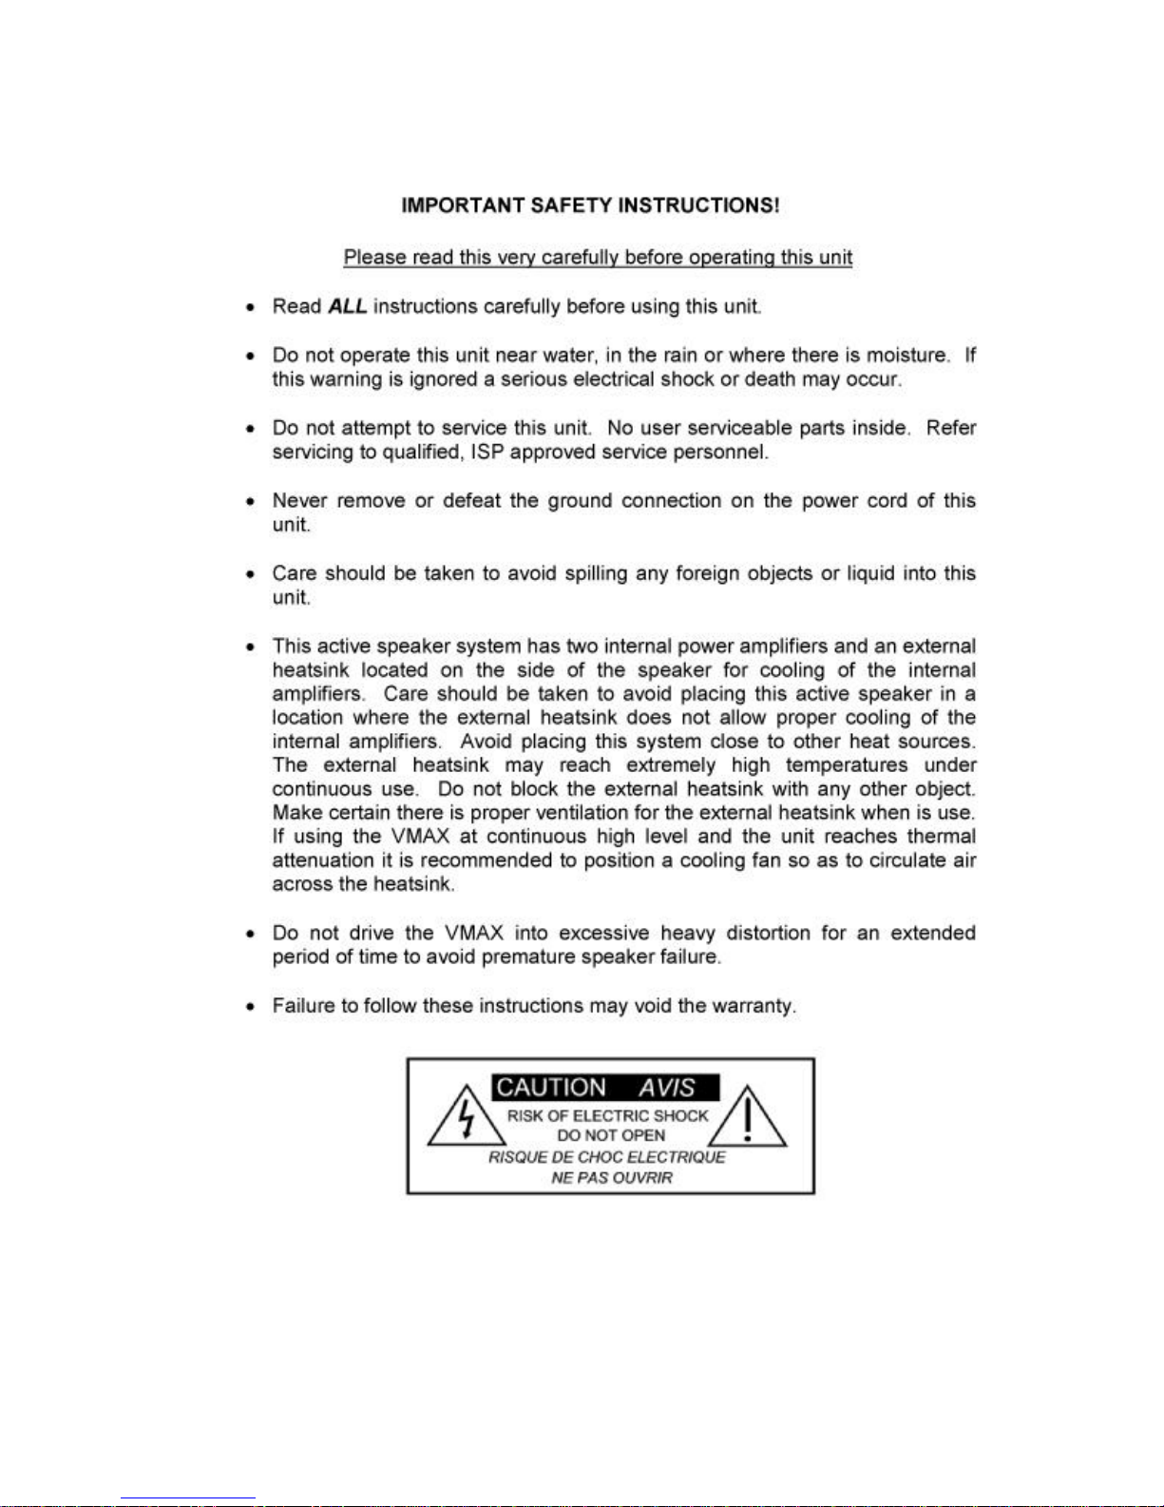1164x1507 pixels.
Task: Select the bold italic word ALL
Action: [348, 306]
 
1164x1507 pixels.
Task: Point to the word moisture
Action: [907, 355]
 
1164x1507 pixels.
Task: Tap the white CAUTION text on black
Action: [551, 1088]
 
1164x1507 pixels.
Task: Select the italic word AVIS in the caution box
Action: [666, 1088]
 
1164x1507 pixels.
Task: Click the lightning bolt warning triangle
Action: [466, 1119]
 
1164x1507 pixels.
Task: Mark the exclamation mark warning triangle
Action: [748, 1119]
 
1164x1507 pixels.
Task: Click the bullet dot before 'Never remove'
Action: [250, 501]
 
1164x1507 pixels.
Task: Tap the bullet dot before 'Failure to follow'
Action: [250, 1006]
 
